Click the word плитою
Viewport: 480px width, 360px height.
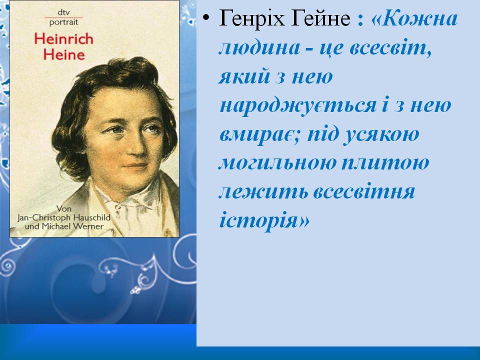point(387,163)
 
